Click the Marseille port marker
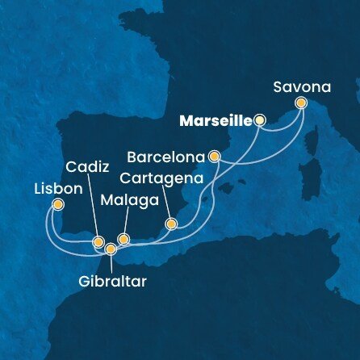(x=260, y=120)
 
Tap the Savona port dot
(x=301, y=103)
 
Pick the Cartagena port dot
(x=170, y=224)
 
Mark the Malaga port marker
(x=123, y=239)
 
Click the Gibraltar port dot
(x=111, y=249)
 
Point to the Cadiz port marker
(x=98, y=241)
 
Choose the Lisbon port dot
(x=58, y=204)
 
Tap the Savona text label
(x=300, y=84)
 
